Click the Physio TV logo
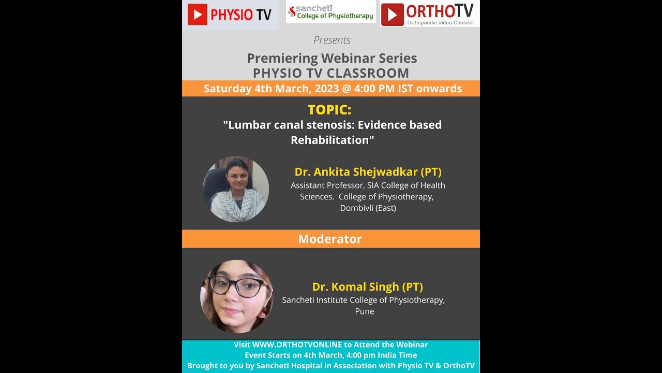pos(230,15)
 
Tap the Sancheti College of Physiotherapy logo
pos(331,12)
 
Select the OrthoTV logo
pos(429,14)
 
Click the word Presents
pos(332,40)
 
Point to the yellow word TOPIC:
pos(329,110)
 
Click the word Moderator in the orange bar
pos(330,239)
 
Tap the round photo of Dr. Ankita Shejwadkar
pos(236,189)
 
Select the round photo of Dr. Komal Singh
pos(237,296)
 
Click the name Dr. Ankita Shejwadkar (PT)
pos(368,171)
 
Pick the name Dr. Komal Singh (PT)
pos(367,286)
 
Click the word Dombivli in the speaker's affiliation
pos(356,208)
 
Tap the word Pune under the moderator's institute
pos(364,311)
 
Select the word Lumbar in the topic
pos(247,125)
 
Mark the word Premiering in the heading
pos(282,58)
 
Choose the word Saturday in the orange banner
pos(227,89)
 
